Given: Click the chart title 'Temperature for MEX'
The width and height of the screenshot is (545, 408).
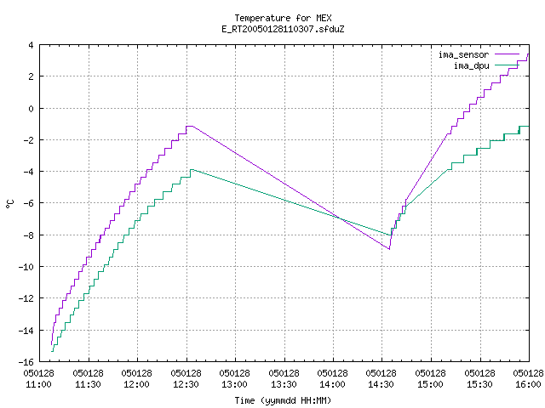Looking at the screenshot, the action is click(x=283, y=18).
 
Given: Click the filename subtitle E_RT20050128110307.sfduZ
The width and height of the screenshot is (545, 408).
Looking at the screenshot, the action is click(x=283, y=29).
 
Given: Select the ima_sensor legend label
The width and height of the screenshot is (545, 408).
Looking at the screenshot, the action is click(x=463, y=54).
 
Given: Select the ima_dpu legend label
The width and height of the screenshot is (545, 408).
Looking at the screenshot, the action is click(x=471, y=65).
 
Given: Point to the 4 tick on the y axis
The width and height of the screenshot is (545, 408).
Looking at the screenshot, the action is click(x=32, y=45).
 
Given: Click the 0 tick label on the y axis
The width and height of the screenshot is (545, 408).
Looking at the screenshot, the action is click(x=32, y=109).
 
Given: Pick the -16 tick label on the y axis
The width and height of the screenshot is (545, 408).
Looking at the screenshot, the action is click(x=26, y=362).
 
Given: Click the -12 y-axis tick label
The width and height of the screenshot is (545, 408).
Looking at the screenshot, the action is click(x=26, y=298).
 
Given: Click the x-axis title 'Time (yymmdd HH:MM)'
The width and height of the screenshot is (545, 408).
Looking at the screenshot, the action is click(x=283, y=400).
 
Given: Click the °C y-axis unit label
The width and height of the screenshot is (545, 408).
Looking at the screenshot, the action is click(x=10, y=204).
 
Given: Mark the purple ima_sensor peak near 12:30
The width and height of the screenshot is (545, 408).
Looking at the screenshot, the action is click(x=189, y=127).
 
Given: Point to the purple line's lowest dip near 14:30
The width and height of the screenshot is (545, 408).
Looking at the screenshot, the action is click(x=389, y=249).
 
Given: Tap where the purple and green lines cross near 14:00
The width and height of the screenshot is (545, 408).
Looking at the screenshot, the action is click(x=340, y=219).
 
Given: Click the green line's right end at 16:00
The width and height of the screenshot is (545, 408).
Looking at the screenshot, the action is click(x=529, y=127).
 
